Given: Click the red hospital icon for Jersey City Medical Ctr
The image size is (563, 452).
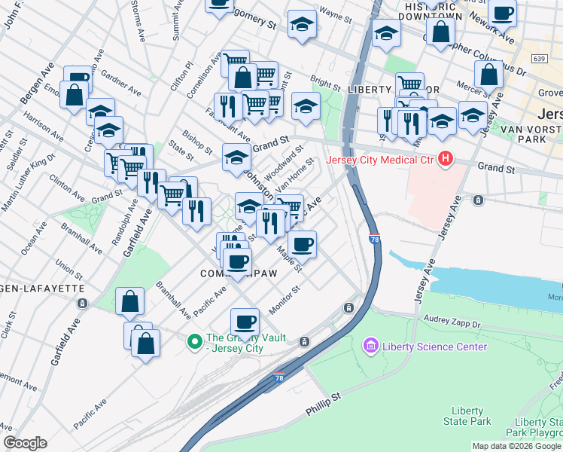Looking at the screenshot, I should point(446,159).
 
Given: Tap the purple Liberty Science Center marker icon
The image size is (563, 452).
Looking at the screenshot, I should point(370,347).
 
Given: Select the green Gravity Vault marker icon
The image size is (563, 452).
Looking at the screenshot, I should point(194,343).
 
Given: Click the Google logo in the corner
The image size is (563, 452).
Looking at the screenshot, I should point(25,443).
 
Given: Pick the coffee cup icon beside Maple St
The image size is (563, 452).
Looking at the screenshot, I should point(302,243).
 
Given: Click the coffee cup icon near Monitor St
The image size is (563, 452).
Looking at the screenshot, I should point(244,322).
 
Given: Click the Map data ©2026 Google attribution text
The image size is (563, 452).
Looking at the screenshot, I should point(516,446).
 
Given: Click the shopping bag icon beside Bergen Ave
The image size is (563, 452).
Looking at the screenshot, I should point(75,95).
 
